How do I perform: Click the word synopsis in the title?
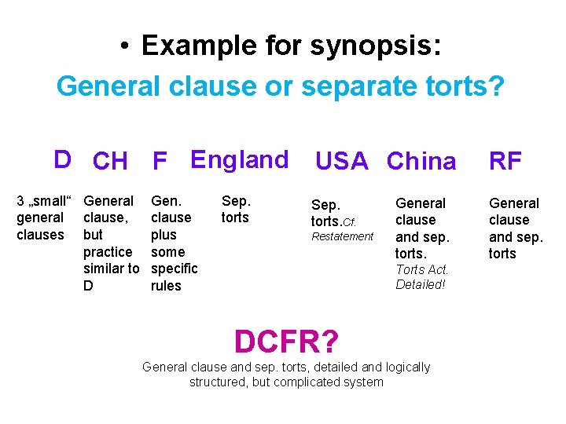coord(373,46)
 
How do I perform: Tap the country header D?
coord(62,159)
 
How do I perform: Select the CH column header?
coord(109,162)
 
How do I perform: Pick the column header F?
coord(160,162)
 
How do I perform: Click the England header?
coord(239,159)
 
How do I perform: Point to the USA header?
coord(341,162)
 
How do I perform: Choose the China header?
coord(421,162)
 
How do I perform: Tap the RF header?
coord(505,162)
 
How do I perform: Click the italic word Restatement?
coord(343,236)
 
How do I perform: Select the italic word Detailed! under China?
coord(421,284)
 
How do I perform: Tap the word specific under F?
coord(174,269)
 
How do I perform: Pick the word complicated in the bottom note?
coord(307,382)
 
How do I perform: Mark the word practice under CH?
coord(108,252)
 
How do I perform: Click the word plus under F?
coord(164,235)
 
